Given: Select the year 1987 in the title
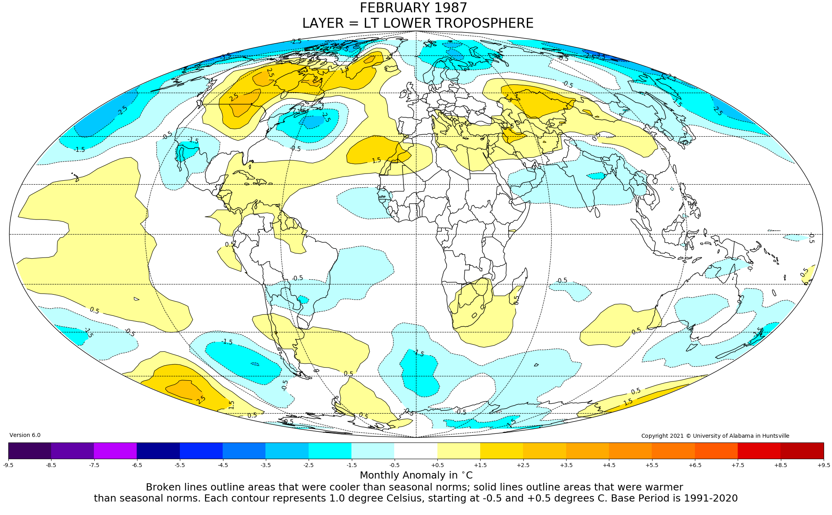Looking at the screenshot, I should pyautogui.click(x=450, y=8).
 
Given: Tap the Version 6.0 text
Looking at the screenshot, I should pyautogui.click(x=25, y=435).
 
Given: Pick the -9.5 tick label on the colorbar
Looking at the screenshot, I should pyautogui.click(x=8, y=465).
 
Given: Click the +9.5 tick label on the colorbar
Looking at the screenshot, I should pyautogui.click(x=823, y=465).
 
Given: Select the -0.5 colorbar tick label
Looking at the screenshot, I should pyautogui.click(x=394, y=465).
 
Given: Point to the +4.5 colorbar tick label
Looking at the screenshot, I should pyautogui.click(x=609, y=465).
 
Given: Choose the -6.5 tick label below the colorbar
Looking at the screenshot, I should pyautogui.click(x=137, y=465).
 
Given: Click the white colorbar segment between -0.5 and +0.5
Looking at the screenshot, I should pyautogui.click(x=416, y=450).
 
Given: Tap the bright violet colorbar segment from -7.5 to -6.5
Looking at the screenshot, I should pyautogui.click(x=115, y=450).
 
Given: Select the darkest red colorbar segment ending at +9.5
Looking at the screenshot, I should pyautogui.click(x=802, y=450).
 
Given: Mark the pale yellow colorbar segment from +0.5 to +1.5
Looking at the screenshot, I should pyautogui.click(x=459, y=450).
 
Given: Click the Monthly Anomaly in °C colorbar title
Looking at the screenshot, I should pyautogui.click(x=416, y=475).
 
